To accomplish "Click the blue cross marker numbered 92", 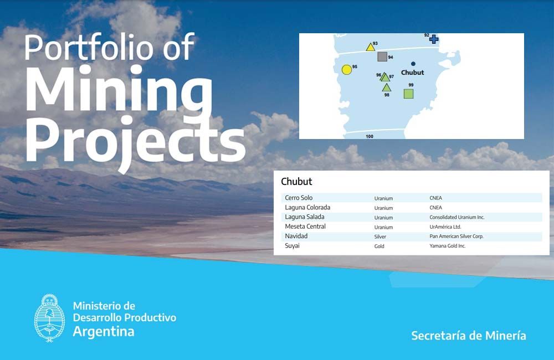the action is [x=434, y=39].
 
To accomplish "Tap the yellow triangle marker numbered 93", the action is [x=370, y=47].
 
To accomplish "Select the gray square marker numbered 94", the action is [x=382, y=56].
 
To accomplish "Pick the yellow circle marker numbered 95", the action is [x=347, y=70].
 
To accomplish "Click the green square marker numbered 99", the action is [x=408, y=94].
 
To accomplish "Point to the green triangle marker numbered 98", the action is [x=387, y=88].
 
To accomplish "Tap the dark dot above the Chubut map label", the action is [x=413, y=64].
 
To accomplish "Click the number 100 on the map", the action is [x=370, y=136].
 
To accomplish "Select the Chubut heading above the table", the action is [x=296, y=182].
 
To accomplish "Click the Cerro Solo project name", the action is [x=299, y=198].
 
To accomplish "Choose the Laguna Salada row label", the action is [x=305, y=217].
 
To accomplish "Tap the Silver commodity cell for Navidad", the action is [x=380, y=236].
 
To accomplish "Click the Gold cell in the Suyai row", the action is [x=379, y=246].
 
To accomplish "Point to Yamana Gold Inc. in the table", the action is [x=447, y=246].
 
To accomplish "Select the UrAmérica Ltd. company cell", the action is [x=445, y=227].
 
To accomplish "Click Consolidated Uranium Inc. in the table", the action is [x=457, y=217].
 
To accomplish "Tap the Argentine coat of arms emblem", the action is [x=49, y=318].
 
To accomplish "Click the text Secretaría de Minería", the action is [x=469, y=335].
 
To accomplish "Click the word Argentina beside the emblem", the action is [x=104, y=332].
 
